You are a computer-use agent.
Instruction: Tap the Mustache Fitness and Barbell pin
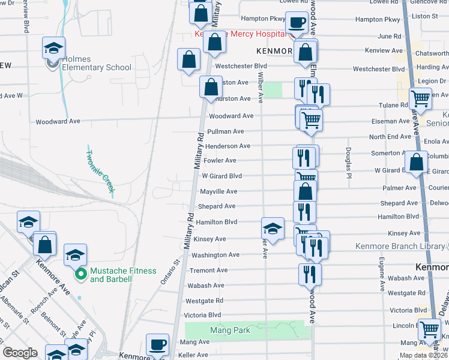(x=80, y=275)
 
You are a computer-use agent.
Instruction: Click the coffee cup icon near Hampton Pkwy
(x=297, y=23)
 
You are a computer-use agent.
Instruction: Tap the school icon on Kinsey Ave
(x=273, y=228)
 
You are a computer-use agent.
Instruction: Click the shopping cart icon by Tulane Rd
(x=420, y=98)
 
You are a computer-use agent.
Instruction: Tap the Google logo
(x=20, y=353)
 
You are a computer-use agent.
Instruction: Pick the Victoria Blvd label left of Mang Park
(x=203, y=315)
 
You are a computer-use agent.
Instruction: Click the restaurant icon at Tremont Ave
(x=310, y=274)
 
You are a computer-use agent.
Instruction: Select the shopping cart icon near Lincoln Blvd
(x=430, y=329)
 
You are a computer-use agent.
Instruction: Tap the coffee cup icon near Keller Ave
(x=158, y=344)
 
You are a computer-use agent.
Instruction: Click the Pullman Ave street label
(x=225, y=131)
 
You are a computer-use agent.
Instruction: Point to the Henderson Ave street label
(x=228, y=146)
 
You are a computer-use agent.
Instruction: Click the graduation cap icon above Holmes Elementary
(x=53, y=48)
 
